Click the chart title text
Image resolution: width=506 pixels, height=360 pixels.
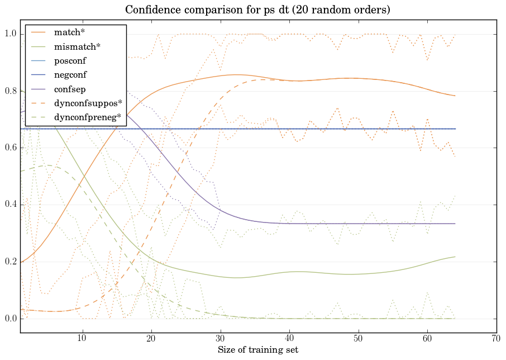coord(257,10)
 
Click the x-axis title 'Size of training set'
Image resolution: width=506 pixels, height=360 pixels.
coord(257,350)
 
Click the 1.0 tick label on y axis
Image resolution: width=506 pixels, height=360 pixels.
coord(10,34)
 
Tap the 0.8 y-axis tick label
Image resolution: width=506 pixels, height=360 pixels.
coord(10,91)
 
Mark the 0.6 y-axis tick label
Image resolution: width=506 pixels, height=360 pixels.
coord(10,148)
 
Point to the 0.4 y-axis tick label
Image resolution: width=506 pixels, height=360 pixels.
coord(10,205)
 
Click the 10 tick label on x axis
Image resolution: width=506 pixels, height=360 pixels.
coord(82,339)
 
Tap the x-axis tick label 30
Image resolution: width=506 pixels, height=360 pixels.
coord(221,339)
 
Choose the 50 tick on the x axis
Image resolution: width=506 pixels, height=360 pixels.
coord(359,339)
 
